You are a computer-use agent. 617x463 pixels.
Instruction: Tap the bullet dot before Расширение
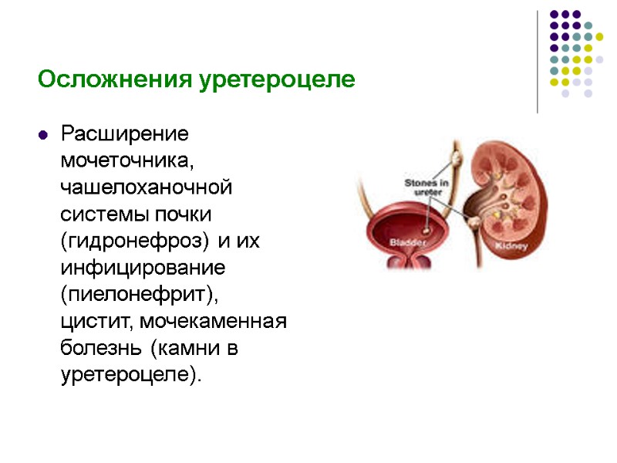tap(44, 135)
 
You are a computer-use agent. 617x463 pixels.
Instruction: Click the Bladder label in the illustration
tap(404, 241)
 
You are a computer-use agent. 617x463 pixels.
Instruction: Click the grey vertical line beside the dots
tap(537, 62)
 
